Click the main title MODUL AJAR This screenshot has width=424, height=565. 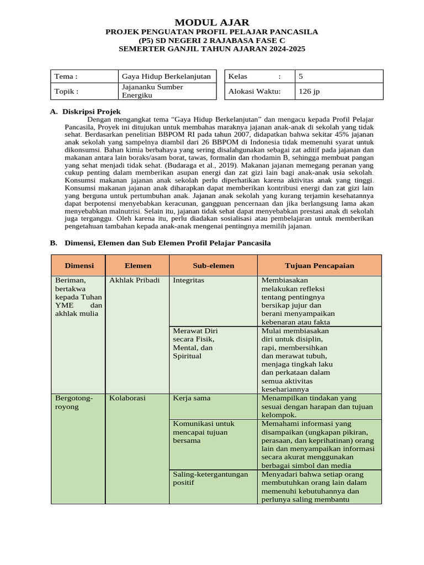tap(212, 22)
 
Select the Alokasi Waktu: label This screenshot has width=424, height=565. tap(255, 92)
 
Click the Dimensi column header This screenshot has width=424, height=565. tap(79, 265)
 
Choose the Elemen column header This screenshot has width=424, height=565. tap(137, 265)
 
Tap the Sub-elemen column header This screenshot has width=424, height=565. tap(213, 265)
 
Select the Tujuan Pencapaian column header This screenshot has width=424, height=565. tap(319, 265)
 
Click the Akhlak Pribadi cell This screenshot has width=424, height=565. tap(134, 280)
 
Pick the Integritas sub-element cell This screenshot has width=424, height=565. tap(188, 280)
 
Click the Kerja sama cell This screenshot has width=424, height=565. tap(192, 398)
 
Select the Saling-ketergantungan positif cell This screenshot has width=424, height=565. tap(210, 478)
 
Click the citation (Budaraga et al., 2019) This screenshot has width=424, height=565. tap(199, 164)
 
